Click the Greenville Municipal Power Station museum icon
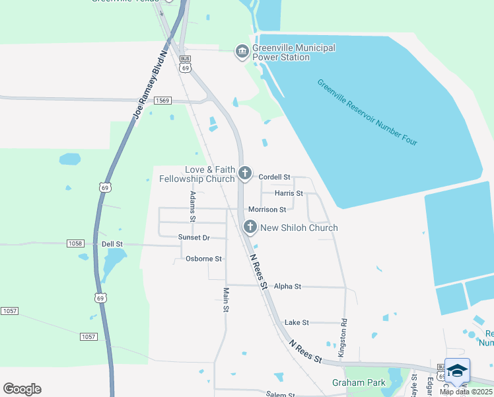pos(242,52)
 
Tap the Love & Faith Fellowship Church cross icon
pos(245,174)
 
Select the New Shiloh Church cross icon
pos(250,228)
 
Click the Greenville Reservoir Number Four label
pos(367,113)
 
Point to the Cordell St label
pos(275,177)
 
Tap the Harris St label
pos(289,194)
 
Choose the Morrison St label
pos(267,210)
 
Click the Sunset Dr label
pos(194,238)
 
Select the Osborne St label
pos(203,259)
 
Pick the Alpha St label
pos(287,287)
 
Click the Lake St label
pos(297,323)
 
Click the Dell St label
pos(112,244)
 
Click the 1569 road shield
pos(163,101)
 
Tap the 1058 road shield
pos(75,243)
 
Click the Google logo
pos(22,389)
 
